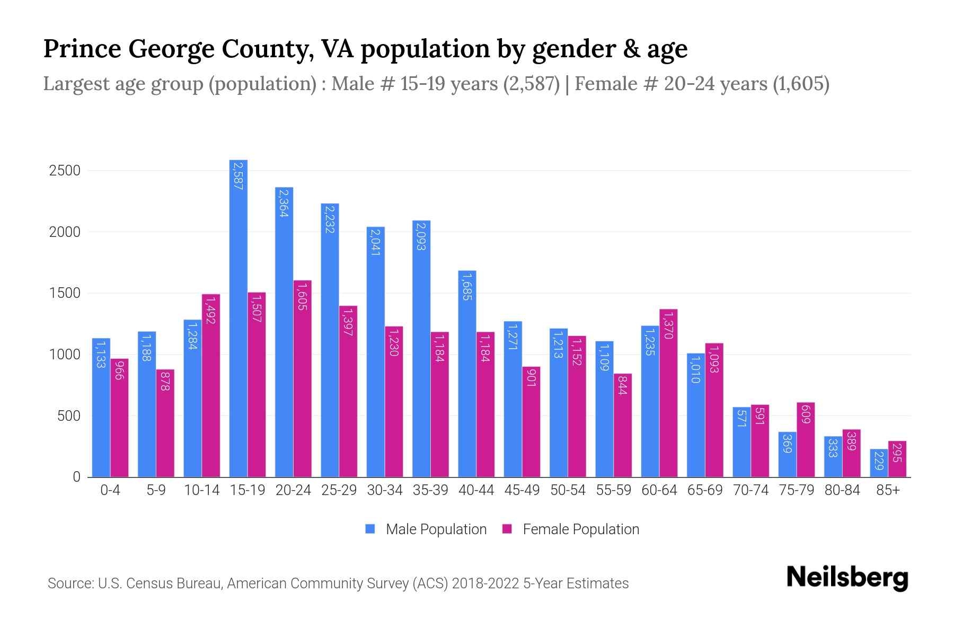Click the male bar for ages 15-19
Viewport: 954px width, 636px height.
click(238, 318)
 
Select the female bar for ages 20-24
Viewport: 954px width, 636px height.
click(302, 379)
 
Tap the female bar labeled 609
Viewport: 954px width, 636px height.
click(805, 440)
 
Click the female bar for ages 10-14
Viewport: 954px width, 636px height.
click(210, 385)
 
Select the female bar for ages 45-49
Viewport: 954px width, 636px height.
click(531, 421)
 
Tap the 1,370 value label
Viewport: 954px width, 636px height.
click(668, 325)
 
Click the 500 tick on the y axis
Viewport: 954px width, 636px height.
click(68, 416)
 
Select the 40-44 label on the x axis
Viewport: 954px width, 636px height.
click(476, 490)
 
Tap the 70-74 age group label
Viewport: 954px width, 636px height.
click(750, 490)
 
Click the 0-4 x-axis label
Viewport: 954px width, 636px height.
click(110, 490)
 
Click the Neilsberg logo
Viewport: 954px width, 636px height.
click(847, 578)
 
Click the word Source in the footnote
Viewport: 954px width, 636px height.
click(69, 584)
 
